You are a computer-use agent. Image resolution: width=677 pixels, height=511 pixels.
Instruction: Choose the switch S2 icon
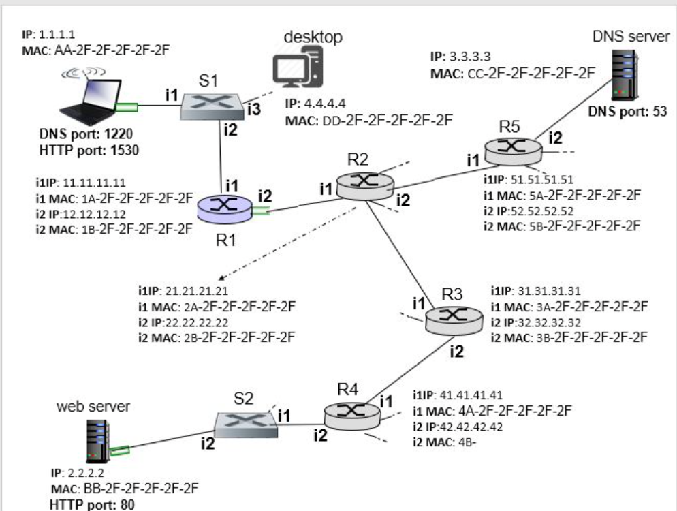coord(245,425)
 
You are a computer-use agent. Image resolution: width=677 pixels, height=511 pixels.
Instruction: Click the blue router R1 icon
coord(223,207)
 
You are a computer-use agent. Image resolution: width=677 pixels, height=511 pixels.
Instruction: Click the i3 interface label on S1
coord(253,108)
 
